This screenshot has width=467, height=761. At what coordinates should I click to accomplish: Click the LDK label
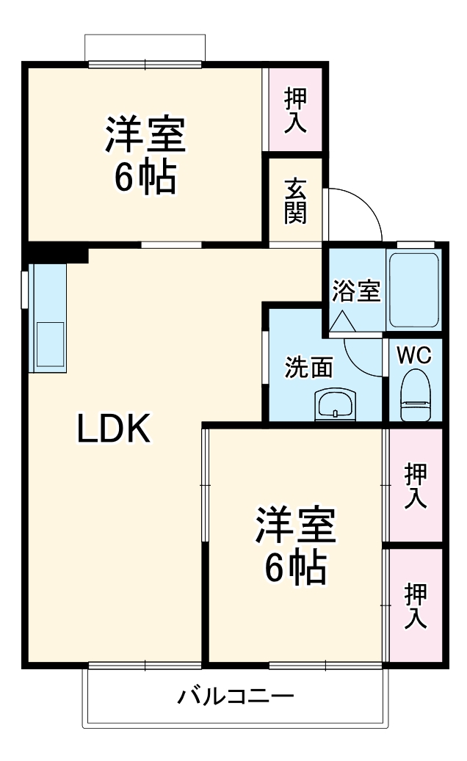click(x=114, y=430)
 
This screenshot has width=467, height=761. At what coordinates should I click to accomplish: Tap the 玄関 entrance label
click(x=295, y=200)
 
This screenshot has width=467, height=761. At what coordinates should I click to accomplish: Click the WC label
click(x=414, y=355)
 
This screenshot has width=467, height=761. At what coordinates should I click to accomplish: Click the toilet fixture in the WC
click(x=415, y=396)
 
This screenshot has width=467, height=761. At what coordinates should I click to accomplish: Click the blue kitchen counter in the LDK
click(x=47, y=317)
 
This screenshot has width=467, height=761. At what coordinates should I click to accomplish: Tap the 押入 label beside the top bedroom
click(x=295, y=110)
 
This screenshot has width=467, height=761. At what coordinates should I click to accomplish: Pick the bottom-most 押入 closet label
click(x=416, y=605)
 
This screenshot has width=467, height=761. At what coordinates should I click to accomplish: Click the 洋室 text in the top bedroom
click(x=145, y=134)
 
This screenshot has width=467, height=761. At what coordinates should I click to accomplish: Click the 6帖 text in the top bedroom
click(x=145, y=176)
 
